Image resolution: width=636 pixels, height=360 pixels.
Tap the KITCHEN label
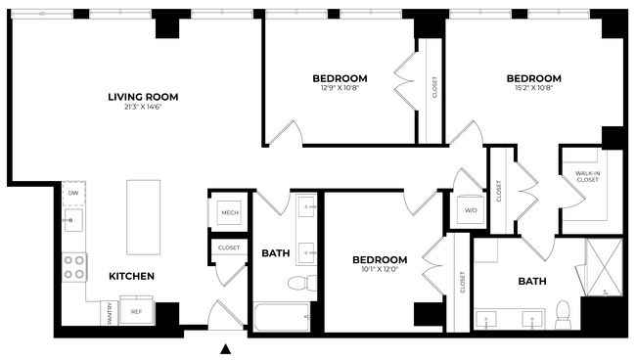click(x=131, y=277)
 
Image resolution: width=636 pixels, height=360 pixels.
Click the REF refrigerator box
click(x=137, y=313)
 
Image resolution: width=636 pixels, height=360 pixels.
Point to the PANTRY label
click(x=110, y=313)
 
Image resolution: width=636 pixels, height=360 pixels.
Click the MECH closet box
click(x=230, y=213)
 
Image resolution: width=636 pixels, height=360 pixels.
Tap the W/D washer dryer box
click(x=470, y=210)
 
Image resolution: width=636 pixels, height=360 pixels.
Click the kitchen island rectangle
click(x=144, y=216)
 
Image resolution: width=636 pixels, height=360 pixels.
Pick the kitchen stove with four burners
click(x=75, y=267)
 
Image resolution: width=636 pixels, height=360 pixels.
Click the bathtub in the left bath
click(x=282, y=316)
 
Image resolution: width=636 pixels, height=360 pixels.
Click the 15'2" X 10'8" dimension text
click(x=533, y=88)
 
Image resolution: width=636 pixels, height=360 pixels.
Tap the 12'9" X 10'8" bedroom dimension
click(x=340, y=88)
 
